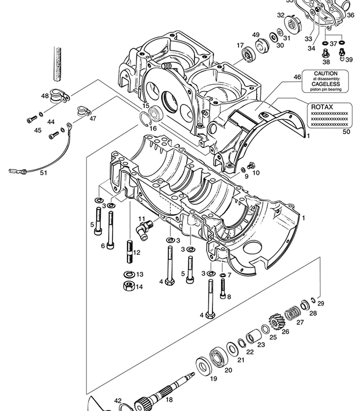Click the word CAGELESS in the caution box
pyautogui.click(x=326, y=84)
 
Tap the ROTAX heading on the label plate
pyautogui.click(x=322, y=107)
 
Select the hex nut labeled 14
pyautogui.click(x=129, y=286)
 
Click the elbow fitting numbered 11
pyautogui.click(x=145, y=230)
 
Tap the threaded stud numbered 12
pyautogui.click(x=130, y=252)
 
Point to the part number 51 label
pyautogui.click(x=43, y=173)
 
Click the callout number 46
pyautogui.click(x=297, y=77)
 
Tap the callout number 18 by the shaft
pyautogui.click(x=169, y=400)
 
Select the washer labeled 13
pyautogui.click(x=130, y=274)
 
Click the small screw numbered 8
pyautogui.click(x=223, y=289)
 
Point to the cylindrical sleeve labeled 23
pyautogui.click(x=253, y=337)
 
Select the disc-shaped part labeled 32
pyautogui.click(x=292, y=25)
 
